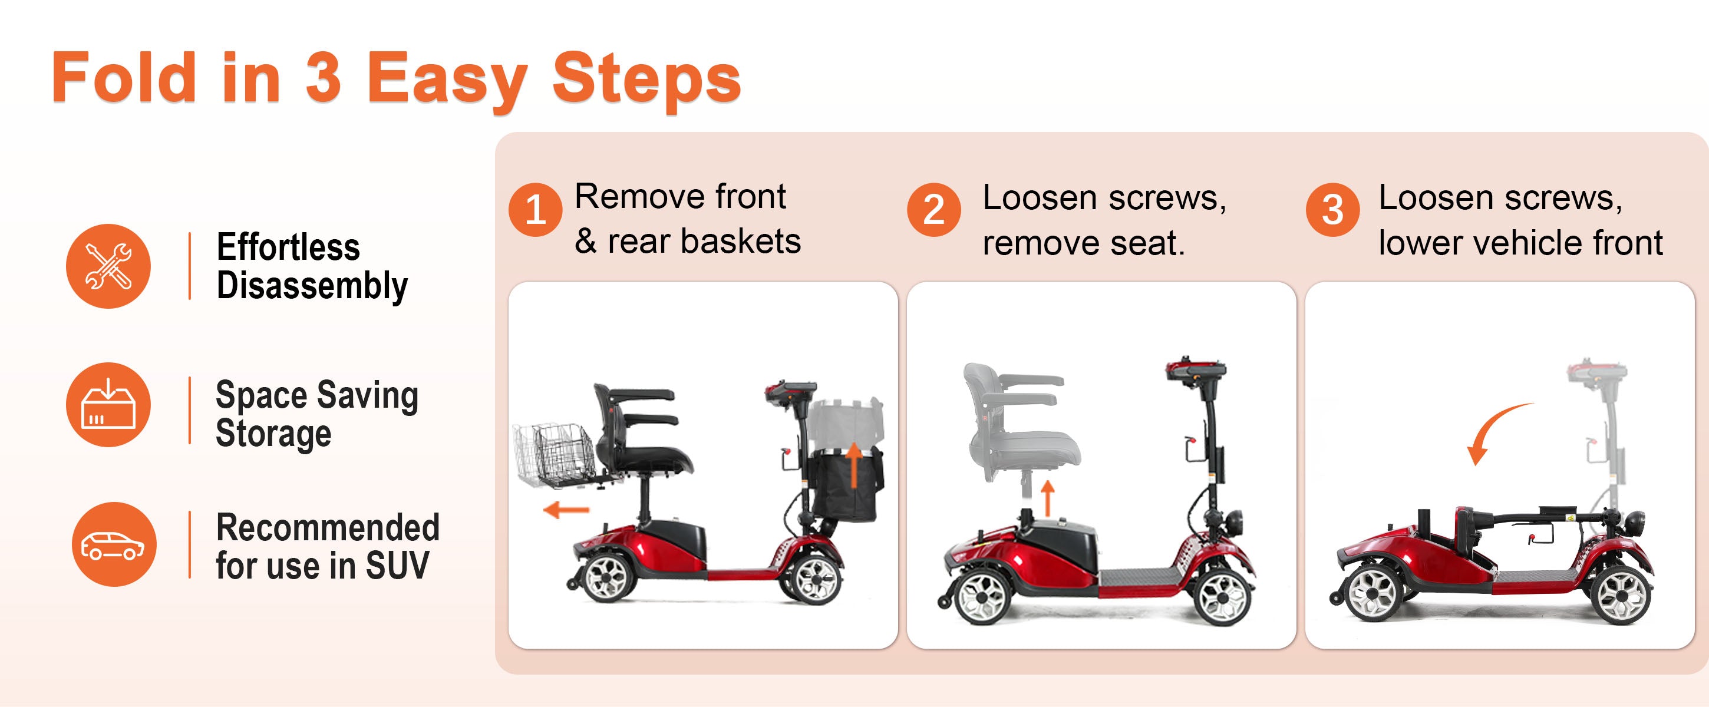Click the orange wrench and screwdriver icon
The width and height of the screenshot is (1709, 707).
coord(108,266)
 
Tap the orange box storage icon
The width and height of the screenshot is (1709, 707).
coord(108,405)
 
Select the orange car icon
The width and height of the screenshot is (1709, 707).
coord(114,544)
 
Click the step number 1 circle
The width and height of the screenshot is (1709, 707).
coord(536,210)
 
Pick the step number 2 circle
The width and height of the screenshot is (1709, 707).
coord(933,210)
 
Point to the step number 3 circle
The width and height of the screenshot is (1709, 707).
coord(1332,210)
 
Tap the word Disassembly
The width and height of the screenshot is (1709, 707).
coord(312,286)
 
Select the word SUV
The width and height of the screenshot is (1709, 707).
coord(397,566)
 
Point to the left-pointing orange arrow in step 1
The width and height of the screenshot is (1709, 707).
coord(566,510)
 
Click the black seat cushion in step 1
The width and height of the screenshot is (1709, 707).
coord(647,458)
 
